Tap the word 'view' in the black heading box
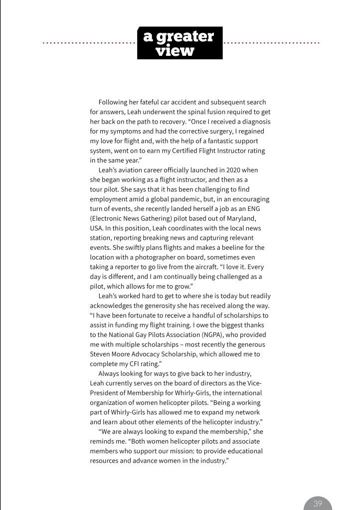pos(175,50)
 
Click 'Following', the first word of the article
pos(114,102)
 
